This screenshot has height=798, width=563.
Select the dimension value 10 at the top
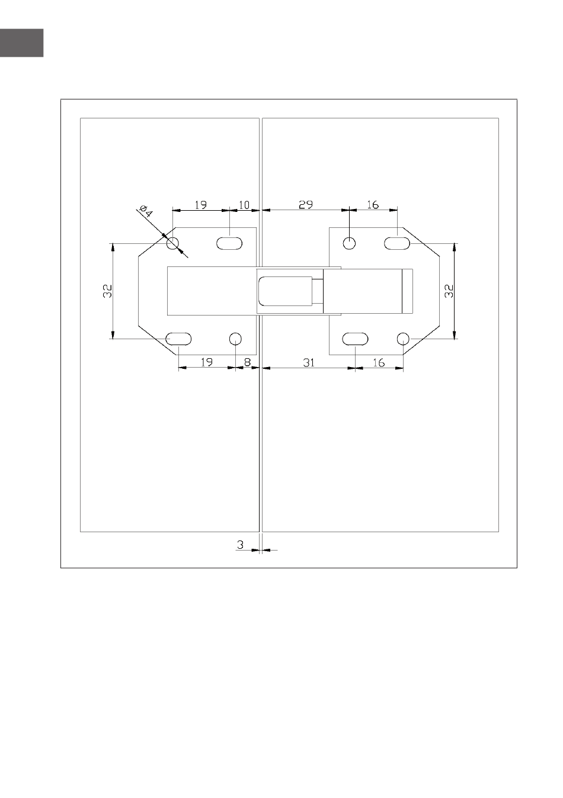point(244,205)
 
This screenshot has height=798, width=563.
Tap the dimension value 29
point(306,204)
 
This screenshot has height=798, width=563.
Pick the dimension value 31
point(309,363)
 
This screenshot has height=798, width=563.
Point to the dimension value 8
point(247,362)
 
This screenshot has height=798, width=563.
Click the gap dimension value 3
point(240,545)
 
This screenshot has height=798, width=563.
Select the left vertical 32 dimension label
point(107,291)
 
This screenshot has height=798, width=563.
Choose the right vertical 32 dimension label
point(449,291)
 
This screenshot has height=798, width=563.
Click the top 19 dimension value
point(201,205)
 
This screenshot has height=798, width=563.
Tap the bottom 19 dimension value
point(207,362)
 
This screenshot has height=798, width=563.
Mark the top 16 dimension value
point(373,204)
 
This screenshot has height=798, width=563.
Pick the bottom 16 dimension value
point(379,363)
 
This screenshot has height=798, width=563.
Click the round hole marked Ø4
point(172,244)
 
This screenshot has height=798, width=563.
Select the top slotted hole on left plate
point(229,244)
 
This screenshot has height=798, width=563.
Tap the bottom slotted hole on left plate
point(178,339)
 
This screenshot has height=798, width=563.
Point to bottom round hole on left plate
point(235,339)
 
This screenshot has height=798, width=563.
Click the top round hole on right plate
point(349,244)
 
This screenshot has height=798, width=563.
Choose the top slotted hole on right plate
point(397,244)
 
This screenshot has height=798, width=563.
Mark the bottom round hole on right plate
point(403,339)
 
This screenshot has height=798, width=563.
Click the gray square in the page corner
point(21,43)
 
